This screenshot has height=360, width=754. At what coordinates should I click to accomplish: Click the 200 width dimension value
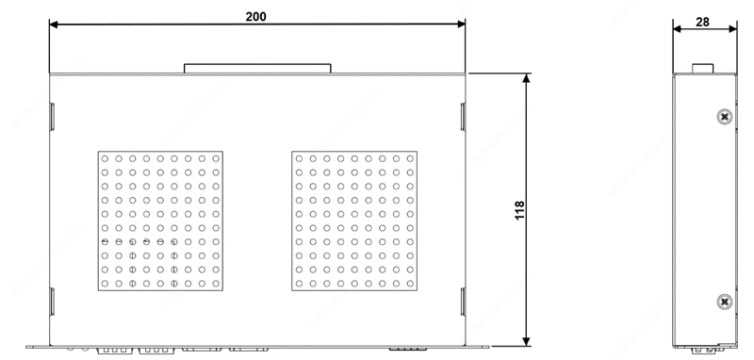(x=255, y=17)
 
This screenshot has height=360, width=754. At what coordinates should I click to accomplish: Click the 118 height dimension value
(x=520, y=210)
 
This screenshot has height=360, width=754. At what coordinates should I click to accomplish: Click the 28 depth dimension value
(x=702, y=22)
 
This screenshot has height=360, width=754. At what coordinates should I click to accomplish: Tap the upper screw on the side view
(x=725, y=117)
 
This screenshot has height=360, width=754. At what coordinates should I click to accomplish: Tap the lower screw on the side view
(x=725, y=302)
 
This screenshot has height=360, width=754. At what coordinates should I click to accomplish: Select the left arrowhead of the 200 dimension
(x=54, y=25)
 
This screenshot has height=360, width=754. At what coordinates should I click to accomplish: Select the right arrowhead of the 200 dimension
(x=461, y=25)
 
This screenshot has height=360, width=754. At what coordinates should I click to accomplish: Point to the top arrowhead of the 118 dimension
(x=527, y=78)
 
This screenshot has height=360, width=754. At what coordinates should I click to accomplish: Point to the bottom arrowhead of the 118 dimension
(x=527, y=342)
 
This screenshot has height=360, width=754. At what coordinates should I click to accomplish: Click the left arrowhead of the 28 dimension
(x=677, y=29)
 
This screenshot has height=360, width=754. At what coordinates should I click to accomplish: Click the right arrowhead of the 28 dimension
(x=733, y=29)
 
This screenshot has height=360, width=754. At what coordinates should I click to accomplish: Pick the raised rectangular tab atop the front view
(x=257, y=69)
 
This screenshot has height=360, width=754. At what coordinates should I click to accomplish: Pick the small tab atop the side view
(x=702, y=69)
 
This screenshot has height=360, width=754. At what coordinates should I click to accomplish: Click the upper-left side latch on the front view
(x=53, y=117)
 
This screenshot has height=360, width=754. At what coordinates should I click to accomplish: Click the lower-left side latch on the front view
(x=53, y=302)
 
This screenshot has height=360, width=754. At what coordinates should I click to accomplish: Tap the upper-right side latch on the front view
(x=463, y=117)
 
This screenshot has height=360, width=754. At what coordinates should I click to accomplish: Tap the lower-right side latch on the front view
(x=463, y=302)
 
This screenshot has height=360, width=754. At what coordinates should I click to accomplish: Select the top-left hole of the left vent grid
(x=105, y=158)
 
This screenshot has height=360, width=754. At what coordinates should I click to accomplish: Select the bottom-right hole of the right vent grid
(x=410, y=284)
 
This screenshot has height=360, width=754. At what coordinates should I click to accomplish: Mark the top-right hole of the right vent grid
(x=410, y=158)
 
